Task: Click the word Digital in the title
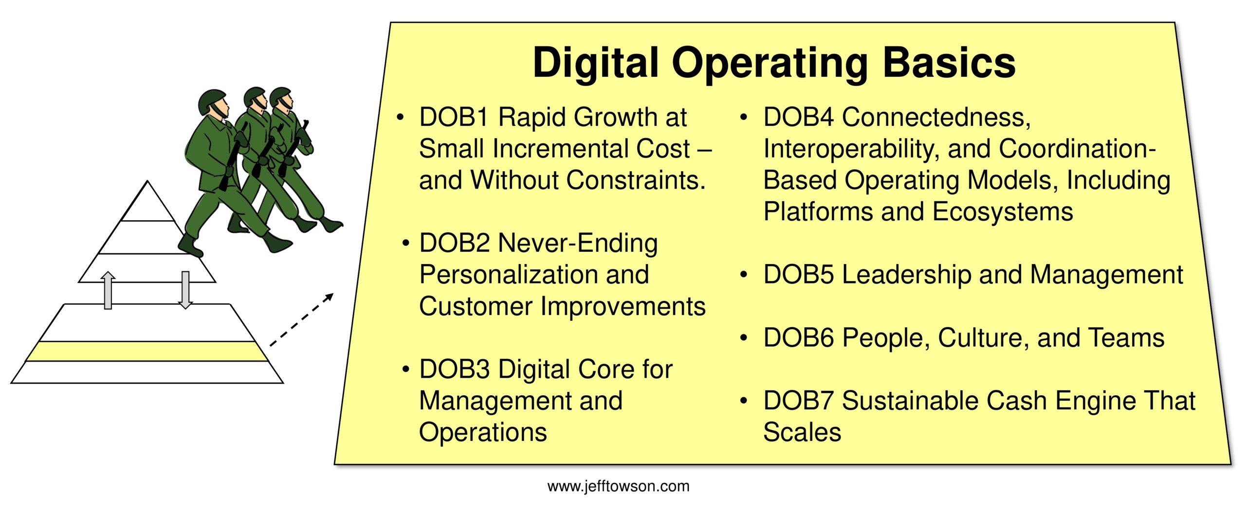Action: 596,64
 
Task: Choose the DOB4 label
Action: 799,117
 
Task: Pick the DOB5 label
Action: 799,275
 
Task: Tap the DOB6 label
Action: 799,338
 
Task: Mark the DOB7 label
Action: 799,401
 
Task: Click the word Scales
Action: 802,432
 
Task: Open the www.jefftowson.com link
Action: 618,486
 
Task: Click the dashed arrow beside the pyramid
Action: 302,320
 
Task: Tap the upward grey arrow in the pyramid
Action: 108,290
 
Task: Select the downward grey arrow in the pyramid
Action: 185,290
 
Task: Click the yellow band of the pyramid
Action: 147,351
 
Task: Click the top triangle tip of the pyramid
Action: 147,181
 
